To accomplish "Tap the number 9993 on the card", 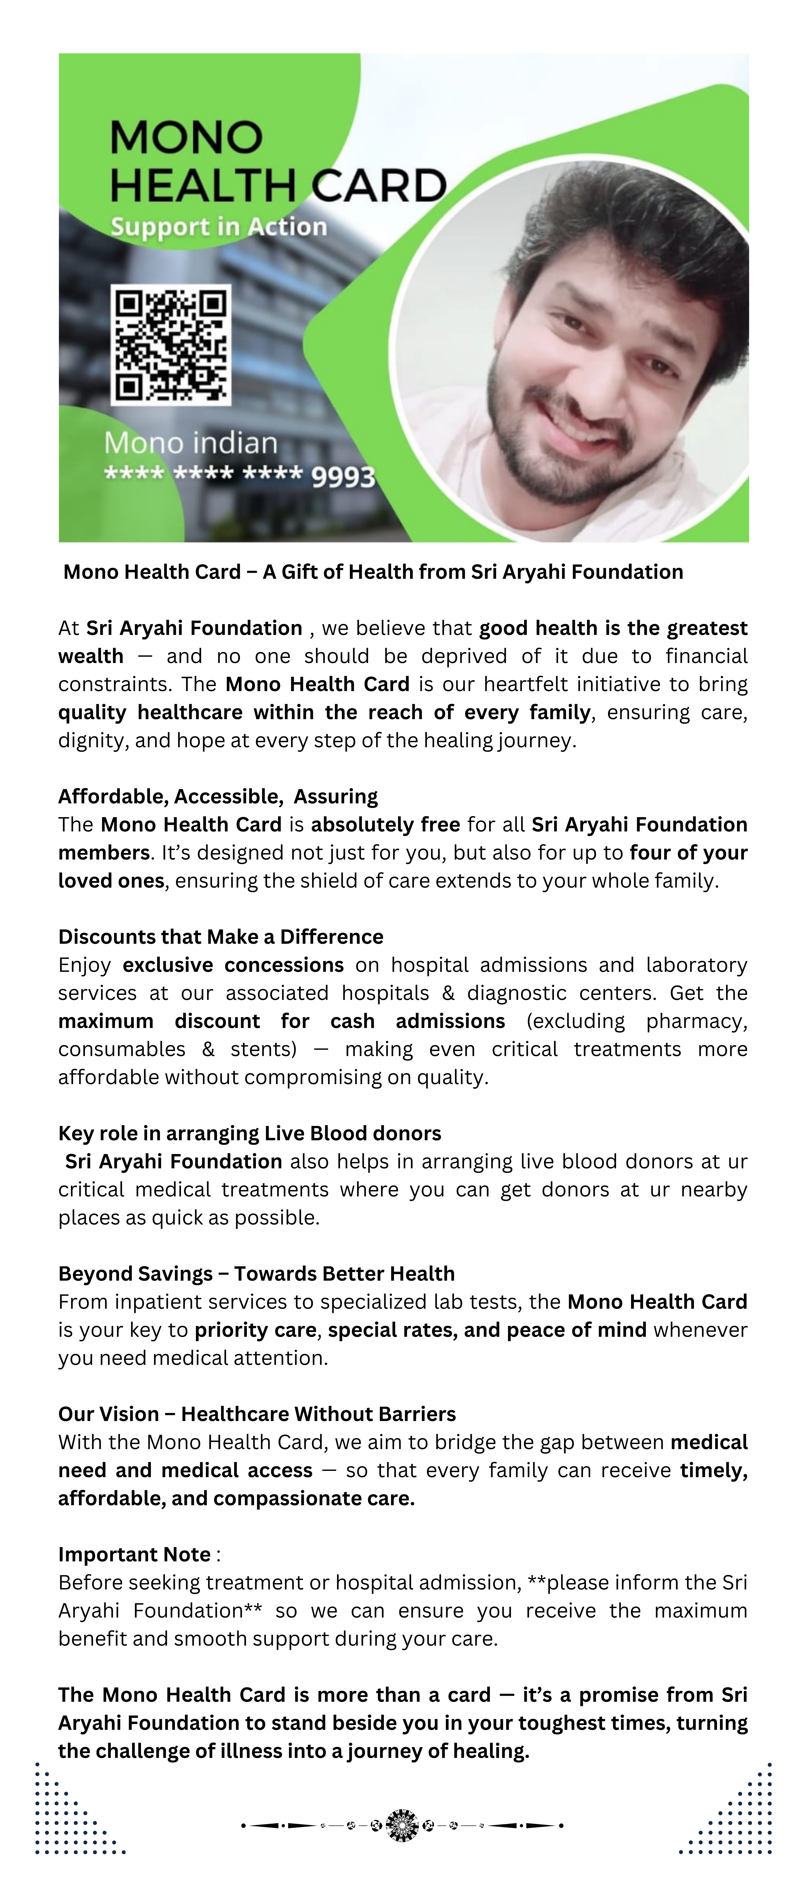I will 343,477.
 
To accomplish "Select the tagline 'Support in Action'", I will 219,227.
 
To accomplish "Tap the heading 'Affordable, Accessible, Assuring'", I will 218,796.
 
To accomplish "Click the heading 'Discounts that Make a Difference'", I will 221,936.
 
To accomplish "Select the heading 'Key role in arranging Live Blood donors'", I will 249,1133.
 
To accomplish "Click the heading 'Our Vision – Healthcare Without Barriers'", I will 257,1414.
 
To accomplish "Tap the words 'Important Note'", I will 135,1554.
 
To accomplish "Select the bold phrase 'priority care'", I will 255,1330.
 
